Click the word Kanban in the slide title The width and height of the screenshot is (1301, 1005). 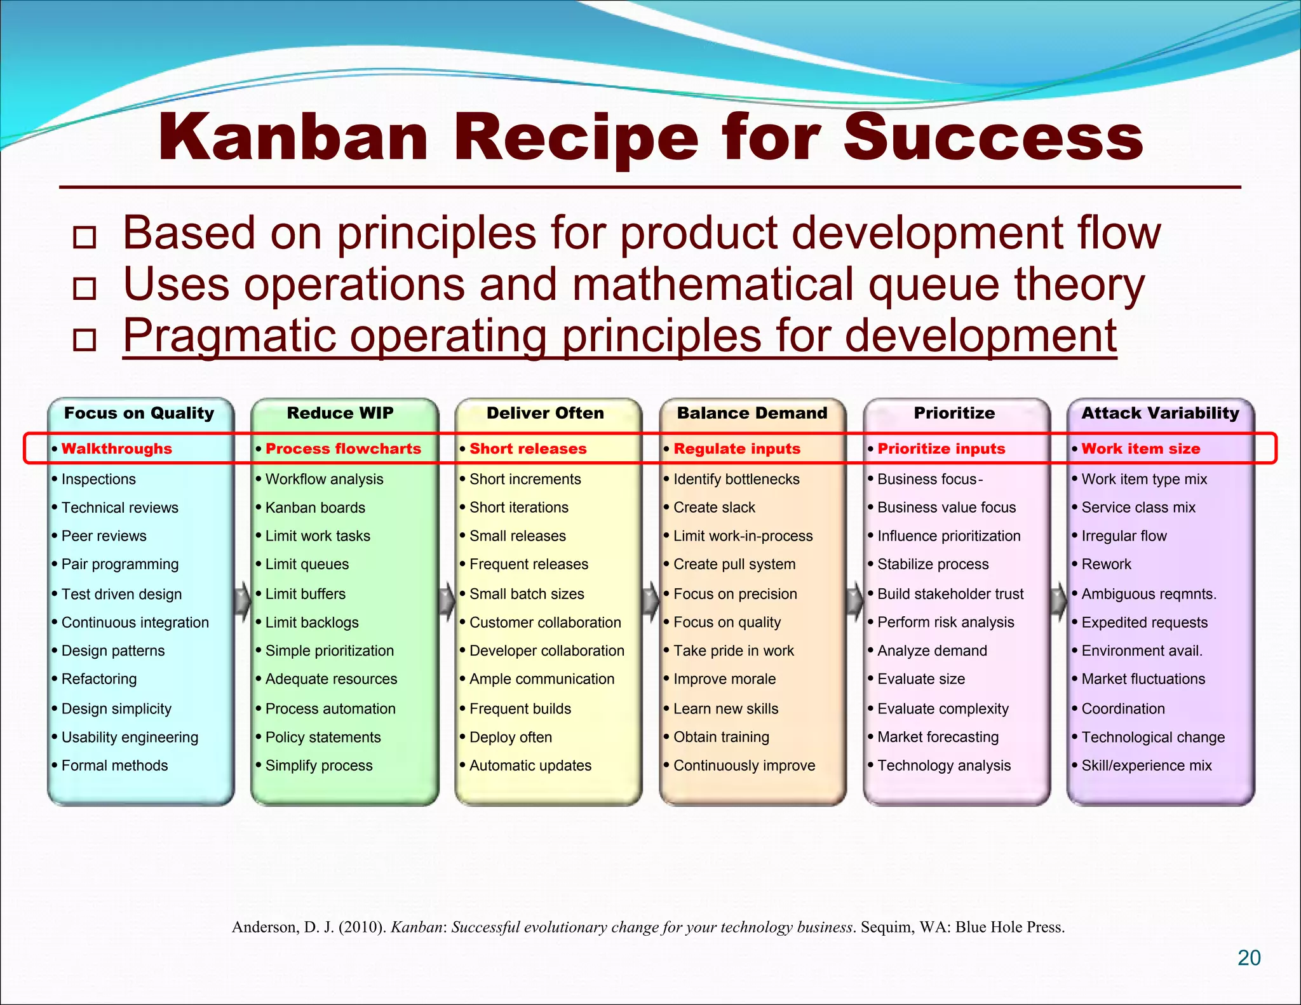click(x=293, y=138)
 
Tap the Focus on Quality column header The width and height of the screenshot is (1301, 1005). click(x=139, y=413)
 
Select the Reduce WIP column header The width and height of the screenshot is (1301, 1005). click(x=340, y=413)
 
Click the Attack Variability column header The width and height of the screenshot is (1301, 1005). click(x=1160, y=413)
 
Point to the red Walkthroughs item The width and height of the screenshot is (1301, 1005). click(x=117, y=449)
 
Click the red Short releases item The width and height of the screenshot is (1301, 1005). click(x=528, y=449)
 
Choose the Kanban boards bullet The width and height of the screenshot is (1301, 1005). click(x=315, y=508)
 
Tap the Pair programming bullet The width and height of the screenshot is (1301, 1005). click(x=120, y=564)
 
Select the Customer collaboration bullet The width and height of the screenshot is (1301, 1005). click(x=545, y=623)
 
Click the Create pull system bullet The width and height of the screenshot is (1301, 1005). click(x=734, y=564)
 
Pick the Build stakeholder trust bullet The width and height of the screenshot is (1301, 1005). click(x=950, y=594)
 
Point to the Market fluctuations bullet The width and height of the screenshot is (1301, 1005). click(x=1143, y=679)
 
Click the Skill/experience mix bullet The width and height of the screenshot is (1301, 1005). click(x=1147, y=766)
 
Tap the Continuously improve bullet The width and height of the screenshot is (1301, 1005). click(x=744, y=766)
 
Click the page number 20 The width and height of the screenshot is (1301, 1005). click(x=1249, y=958)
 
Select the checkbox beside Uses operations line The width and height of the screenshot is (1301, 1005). click(x=84, y=288)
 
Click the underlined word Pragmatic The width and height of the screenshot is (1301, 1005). click(x=229, y=336)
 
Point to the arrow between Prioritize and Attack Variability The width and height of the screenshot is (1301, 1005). click(x=1058, y=600)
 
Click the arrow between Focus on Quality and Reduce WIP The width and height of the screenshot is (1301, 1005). click(x=243, y=600)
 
